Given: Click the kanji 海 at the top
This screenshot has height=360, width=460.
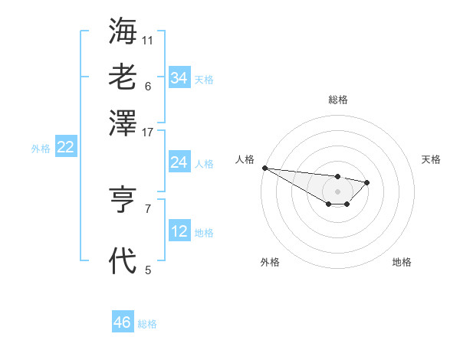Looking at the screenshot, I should tap(123, 32).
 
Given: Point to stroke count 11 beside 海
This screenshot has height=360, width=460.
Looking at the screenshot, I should tap(148, 40).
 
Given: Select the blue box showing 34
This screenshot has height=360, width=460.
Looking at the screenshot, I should tap(179, 78).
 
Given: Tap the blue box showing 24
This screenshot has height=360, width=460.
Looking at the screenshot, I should tap(179, 162).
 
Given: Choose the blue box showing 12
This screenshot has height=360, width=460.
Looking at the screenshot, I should tap(179, 231).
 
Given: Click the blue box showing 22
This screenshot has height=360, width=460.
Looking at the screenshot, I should tap(65, 148).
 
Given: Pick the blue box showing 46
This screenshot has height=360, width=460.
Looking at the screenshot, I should tap(123, 322).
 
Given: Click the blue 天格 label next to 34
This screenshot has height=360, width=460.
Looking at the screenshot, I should tap(204, 80).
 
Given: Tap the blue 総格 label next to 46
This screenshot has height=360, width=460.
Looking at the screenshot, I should tap(147, 324).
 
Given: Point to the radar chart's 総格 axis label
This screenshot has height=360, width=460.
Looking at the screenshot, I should tap(337, 100).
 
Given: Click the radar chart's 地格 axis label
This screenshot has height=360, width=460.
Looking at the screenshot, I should tap(402, 262).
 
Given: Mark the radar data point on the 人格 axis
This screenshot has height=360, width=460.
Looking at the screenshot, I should tap(264, 168).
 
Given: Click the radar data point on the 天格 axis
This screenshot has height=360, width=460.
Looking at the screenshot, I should tap(367, 182).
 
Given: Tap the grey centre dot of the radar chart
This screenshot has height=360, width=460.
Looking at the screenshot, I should tap(337, 191).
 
